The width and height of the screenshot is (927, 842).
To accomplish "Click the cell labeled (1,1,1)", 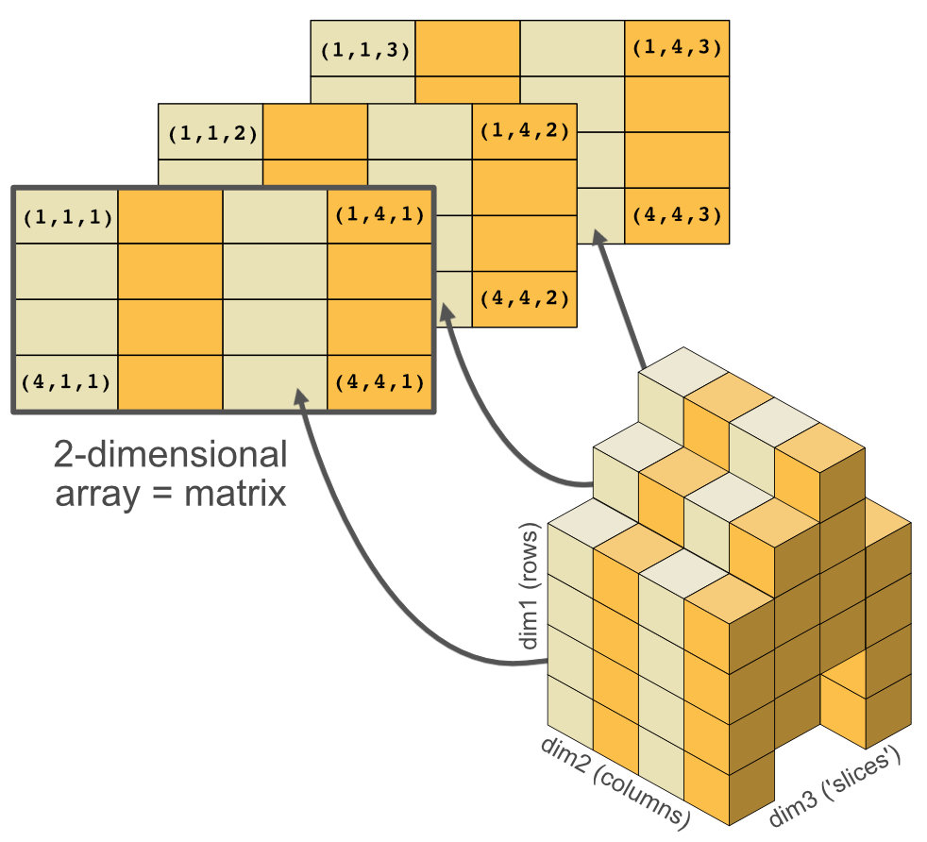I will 66,217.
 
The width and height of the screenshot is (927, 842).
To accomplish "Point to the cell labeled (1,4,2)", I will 524,131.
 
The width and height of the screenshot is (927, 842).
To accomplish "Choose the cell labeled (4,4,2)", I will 524,298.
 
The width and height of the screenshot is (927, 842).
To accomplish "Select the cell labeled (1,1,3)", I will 364,50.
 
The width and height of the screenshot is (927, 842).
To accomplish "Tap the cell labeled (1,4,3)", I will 677,47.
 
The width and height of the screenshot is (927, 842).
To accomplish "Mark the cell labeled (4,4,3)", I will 677,214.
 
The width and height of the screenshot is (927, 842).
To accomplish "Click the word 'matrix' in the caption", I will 236,494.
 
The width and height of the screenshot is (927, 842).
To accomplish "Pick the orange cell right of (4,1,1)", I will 171,383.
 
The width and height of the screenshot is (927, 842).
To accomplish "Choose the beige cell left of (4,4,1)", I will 275,383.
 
